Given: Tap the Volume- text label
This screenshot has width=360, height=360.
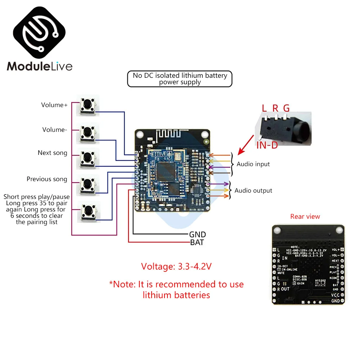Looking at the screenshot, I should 54,130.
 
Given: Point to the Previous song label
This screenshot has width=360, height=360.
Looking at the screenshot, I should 47,179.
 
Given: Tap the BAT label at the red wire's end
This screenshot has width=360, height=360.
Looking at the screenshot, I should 197,243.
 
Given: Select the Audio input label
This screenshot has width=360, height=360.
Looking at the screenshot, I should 253,164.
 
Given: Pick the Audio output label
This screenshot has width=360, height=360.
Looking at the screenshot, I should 253,190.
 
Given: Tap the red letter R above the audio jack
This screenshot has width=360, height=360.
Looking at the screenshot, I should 275,108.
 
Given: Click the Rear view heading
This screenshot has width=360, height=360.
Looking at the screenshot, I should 305,216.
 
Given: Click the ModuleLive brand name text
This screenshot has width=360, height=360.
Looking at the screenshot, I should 40,66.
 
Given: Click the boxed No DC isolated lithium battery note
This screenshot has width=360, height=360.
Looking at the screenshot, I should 180,78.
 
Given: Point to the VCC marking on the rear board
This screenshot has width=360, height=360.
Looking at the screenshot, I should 335,295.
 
